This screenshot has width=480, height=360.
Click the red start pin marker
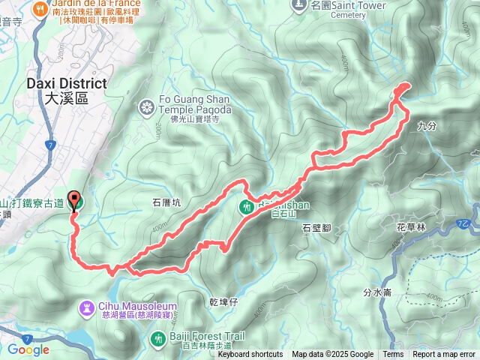(75, 200)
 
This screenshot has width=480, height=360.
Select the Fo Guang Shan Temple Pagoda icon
(147, 108)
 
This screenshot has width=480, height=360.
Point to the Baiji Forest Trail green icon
(158, 339)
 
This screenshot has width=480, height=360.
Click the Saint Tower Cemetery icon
(299, 4)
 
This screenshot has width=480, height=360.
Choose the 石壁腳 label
(317, 226)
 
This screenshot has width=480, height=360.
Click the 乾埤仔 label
(224, 301)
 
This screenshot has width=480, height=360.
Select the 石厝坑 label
(167, 202)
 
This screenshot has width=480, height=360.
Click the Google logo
(28, 349)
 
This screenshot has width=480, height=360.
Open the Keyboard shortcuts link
(250, 355)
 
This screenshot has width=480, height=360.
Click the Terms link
(393, 355)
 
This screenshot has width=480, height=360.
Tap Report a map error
(444, 355)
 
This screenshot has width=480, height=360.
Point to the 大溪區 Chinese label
(66, 98)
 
